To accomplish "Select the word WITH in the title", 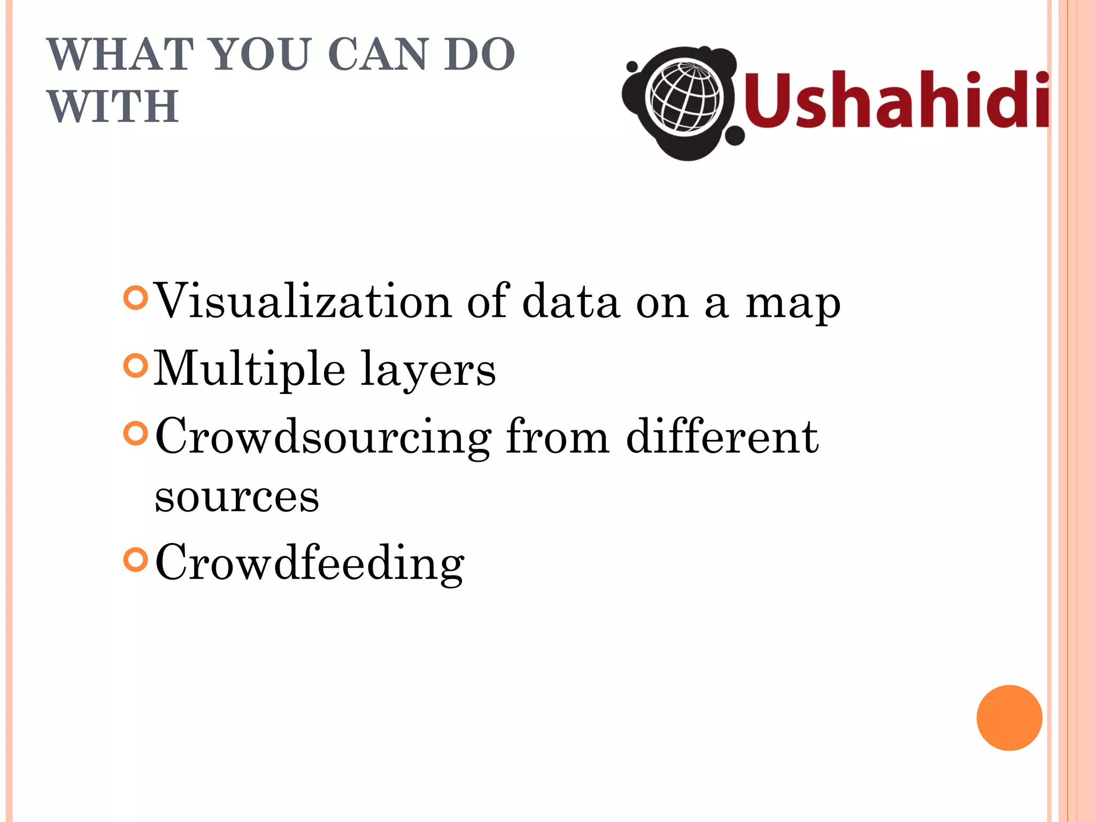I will click(x=113, y=106).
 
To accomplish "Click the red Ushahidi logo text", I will click(x=896, y=101).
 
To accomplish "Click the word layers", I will click(x=428, y=370).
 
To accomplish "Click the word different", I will click(x=722, y=437).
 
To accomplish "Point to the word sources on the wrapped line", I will click(x=237, y=497).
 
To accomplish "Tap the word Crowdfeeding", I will click(x=310, y=563).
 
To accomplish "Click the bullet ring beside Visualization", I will click(x=135, y=298).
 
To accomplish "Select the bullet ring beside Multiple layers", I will click(x=135, y=366).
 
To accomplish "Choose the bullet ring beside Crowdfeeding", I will click(x=135, y=560).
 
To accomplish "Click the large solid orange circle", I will click(x=1009, y=718).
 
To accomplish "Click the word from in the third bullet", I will click(x=557, y=437).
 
